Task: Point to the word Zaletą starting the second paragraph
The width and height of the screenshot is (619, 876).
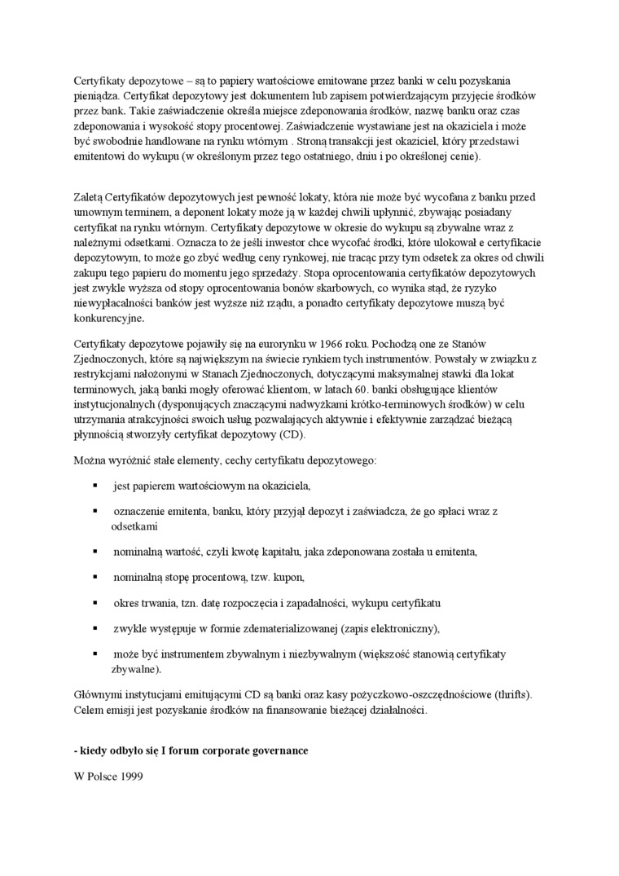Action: [88, 198]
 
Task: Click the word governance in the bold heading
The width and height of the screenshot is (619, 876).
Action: [273, 751]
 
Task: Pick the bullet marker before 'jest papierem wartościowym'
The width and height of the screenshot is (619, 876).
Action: [95, 486]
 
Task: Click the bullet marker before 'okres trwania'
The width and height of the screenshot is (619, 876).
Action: [95, 602]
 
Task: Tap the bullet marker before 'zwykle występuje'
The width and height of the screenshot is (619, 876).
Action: [95, 627]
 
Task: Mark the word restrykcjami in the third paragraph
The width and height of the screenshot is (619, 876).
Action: [102, 374]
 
